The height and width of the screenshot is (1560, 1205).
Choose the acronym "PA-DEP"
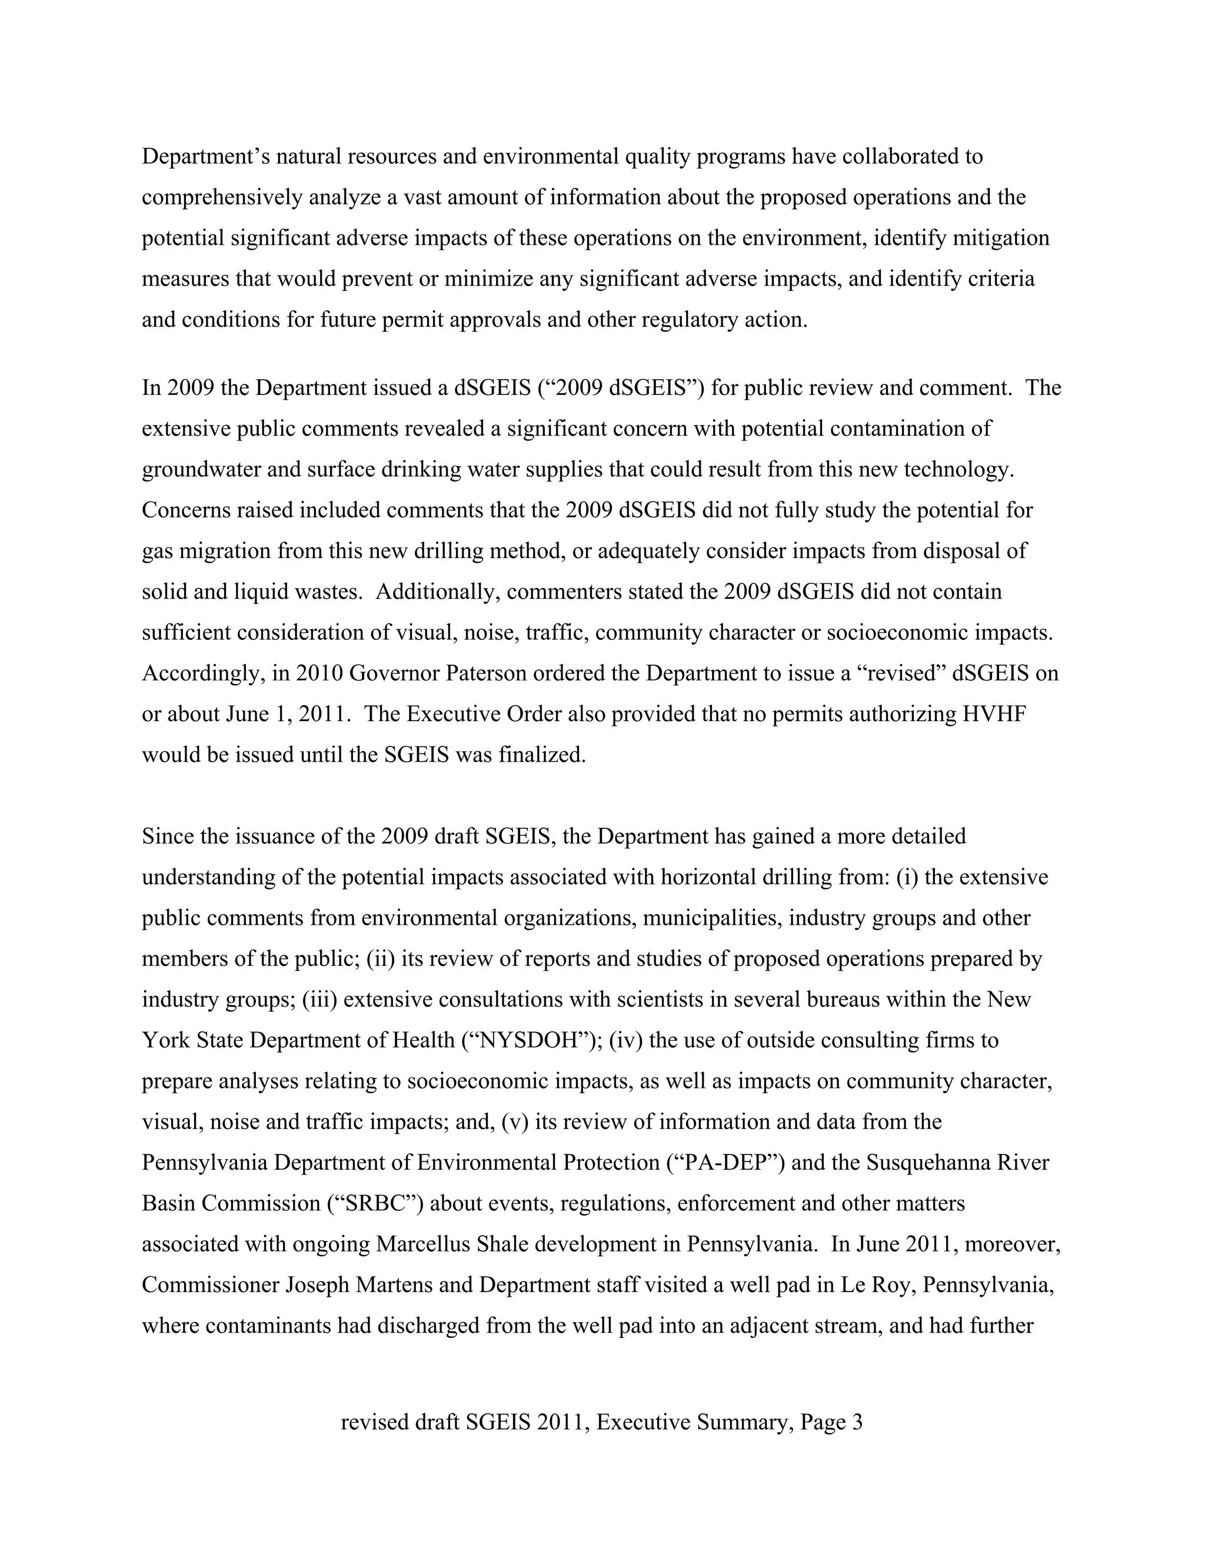pos(725,1162)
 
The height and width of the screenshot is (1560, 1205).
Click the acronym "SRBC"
pos(375,1203)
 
